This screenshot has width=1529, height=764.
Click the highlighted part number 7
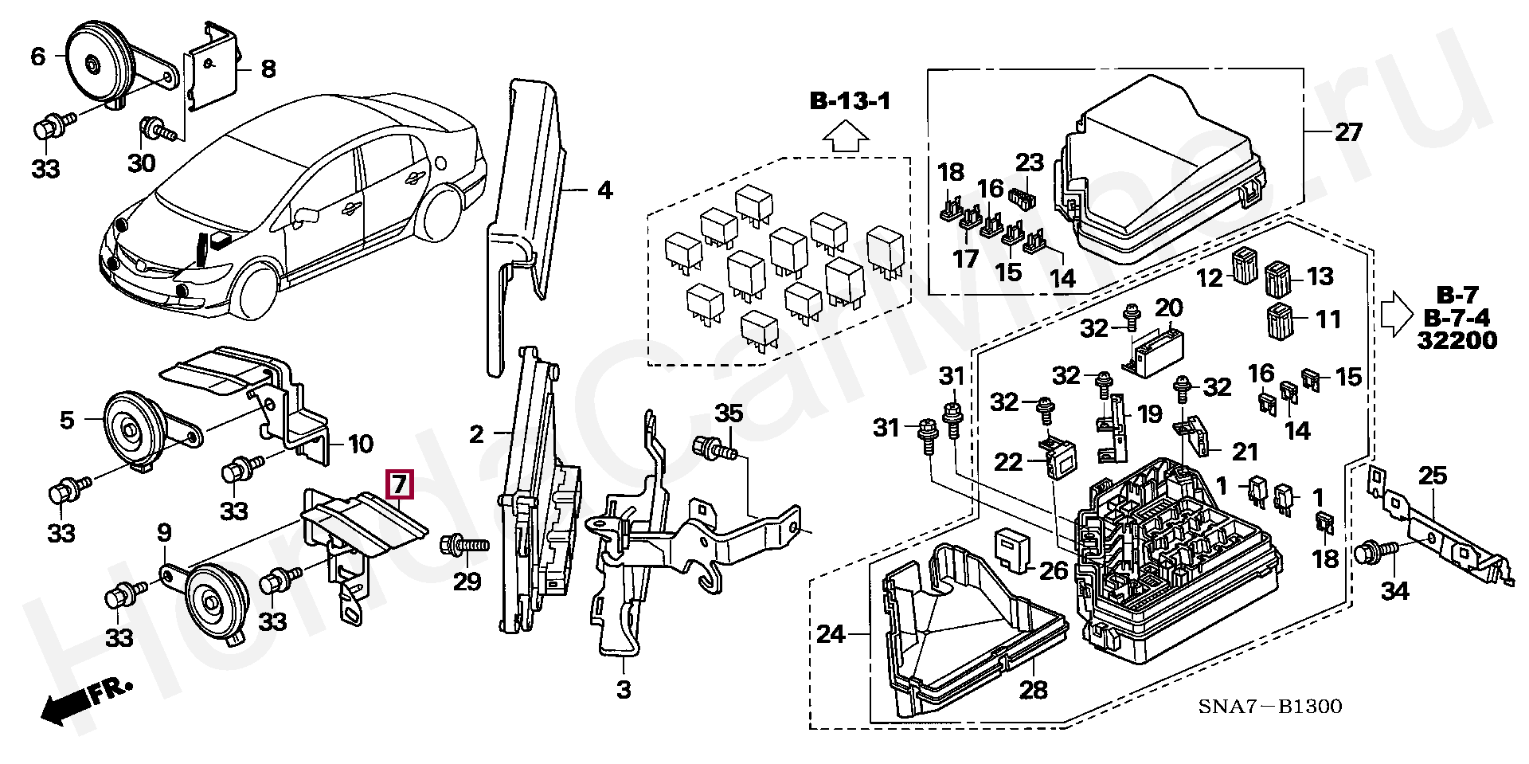[399, 484]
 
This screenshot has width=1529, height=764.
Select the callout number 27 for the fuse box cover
[1348, 132]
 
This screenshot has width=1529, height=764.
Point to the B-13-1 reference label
[851, 101]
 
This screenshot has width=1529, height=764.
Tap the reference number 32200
[1457, 340]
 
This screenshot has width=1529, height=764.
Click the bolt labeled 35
[714, 449]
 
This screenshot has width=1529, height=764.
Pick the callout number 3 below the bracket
[624, 689]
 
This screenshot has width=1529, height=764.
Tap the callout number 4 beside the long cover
[604, 191]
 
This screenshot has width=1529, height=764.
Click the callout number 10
[359, 444]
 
